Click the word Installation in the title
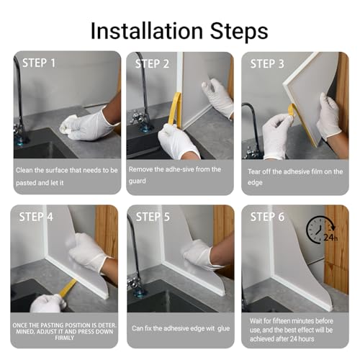coord(147,31)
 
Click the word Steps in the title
coord(239,32)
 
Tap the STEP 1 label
coord(39,63)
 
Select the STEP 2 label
coord(152,64)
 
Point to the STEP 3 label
coord(267,64)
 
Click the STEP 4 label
coord(36,217)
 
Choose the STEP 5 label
coord(153,217)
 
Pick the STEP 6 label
coord(267,217)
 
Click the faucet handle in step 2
coord(136,117)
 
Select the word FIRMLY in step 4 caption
coord(65,338)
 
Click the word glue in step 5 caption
coord(224,328)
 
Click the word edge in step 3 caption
coord(255,183)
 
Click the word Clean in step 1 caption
coord(24,170)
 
